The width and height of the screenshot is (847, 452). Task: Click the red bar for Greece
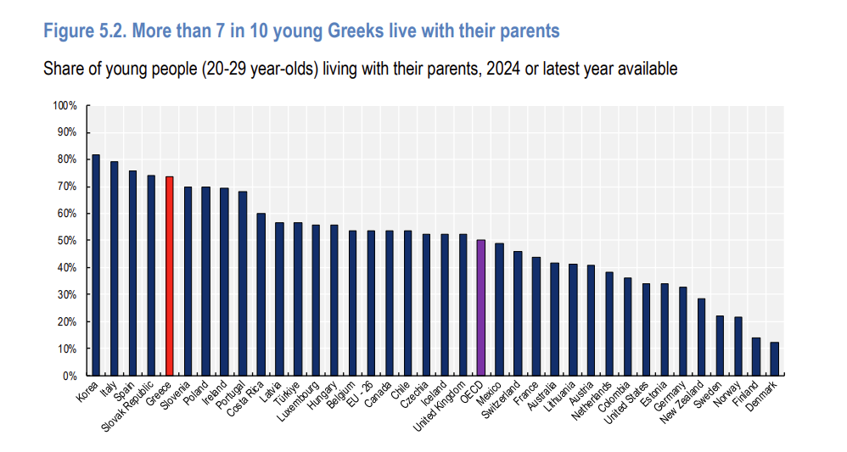(169, 276)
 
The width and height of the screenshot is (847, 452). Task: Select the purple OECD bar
(480, 308)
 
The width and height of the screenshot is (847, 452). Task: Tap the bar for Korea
(96, 265)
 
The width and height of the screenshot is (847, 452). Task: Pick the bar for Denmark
(775, 359)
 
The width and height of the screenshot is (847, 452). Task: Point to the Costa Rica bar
(261, 294)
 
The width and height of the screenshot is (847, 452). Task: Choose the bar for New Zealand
(701, 337)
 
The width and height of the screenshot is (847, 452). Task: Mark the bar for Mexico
(499, 310)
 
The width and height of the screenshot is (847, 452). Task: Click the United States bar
(646, 329)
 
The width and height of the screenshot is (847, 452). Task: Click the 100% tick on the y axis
(65, 106)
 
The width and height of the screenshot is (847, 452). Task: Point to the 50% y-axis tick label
(67, 241)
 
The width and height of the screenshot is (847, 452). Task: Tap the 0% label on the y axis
(70, 376)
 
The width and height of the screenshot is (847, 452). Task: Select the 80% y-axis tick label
(67, 159)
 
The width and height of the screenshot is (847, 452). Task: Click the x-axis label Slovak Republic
(127, 407)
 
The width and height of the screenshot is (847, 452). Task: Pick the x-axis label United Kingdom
(439, 407)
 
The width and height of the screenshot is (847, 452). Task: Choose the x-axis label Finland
(747, 393)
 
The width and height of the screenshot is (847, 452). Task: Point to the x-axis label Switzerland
(502, 399)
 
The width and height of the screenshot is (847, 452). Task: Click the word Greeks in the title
(356, 31)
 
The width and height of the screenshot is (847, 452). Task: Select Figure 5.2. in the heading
(85, 31)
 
